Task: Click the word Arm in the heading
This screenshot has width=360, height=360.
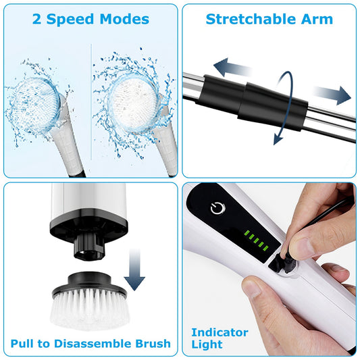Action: pos(317,19)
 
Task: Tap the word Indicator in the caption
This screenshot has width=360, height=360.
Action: pos(220,332)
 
